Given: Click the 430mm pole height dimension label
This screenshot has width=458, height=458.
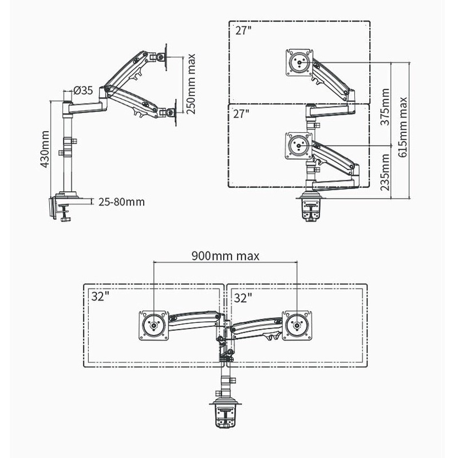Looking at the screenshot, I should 44,148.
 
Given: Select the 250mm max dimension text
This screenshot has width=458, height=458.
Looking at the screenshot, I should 191,84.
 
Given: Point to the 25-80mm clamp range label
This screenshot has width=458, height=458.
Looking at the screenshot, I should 121,202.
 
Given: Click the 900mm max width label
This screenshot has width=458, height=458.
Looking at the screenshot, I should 226,255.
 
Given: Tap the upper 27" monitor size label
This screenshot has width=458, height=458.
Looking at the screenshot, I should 243,30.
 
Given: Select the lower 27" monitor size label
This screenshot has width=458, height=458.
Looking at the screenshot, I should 243,113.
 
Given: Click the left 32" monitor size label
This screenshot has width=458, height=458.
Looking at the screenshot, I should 100,297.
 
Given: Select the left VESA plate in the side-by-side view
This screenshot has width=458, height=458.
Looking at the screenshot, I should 154,325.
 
